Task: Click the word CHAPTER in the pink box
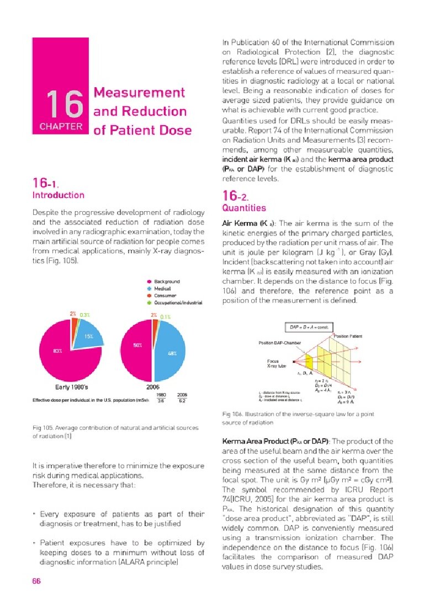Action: (61, 126)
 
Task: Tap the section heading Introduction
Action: (59, 195)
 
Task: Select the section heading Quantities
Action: (243, 208)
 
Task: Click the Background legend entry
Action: (166, 282)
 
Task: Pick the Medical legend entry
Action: (162, 289)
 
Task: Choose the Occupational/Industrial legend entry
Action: (178, 303)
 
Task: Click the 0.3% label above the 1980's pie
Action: (84, 315)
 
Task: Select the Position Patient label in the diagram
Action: (348, 336)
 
